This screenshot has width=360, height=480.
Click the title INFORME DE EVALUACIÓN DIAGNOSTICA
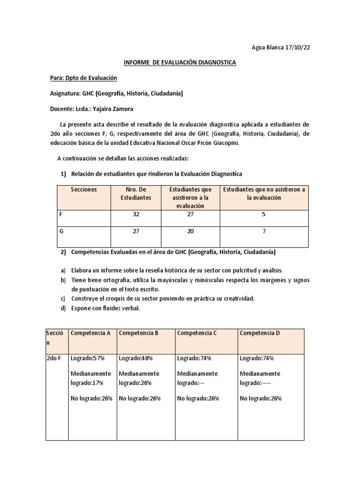coord(180,63)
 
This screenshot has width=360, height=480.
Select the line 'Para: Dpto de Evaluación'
coord(83,78)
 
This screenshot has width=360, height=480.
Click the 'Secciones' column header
coord(84,189)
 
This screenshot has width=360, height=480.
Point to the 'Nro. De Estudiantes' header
coord(136,194)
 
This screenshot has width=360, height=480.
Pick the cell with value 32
coord(136,214)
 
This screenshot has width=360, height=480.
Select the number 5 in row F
coord(263,214)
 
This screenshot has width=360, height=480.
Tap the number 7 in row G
coord(263,232)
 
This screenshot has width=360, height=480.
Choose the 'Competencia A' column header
coord(90,333)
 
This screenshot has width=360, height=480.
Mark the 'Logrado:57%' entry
coord(87,358)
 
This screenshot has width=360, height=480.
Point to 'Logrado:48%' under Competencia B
coord(136,358)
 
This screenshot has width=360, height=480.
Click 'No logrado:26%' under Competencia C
coord(198,398)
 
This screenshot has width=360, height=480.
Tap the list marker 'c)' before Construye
coord(63,298)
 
